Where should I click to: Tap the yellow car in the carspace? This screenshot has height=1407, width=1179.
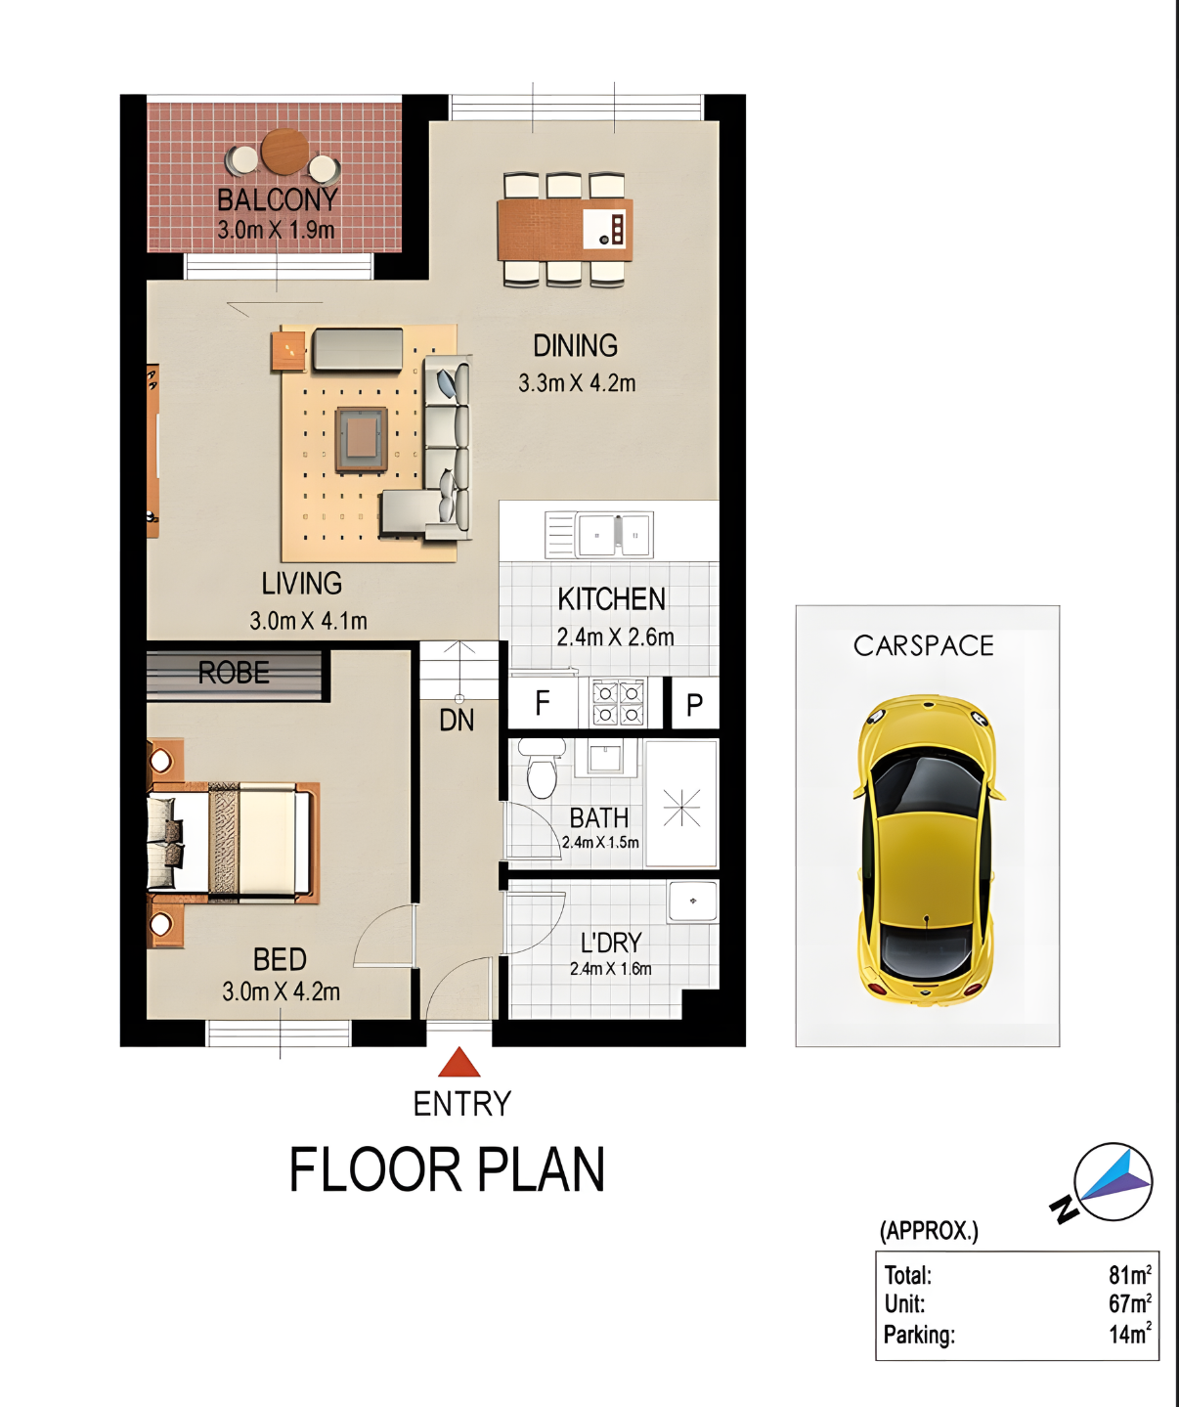tap(928, 851)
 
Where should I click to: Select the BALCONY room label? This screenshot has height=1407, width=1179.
tap(277, 200)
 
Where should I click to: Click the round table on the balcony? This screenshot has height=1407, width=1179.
tap(285, 152)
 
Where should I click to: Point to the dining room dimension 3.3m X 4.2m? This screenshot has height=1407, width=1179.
tap(577, 383)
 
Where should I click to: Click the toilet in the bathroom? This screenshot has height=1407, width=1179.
tap(543, 769)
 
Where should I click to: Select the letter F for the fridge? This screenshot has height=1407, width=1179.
tap(543, 703)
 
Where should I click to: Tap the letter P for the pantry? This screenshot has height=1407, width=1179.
tap(695, 705)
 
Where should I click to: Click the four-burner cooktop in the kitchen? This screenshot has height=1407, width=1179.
tap(618, 703)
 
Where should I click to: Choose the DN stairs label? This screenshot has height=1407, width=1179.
tap(457, 721)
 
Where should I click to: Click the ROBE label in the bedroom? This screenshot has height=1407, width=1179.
tap(234, 673)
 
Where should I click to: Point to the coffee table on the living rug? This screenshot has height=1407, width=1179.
tap(362, 439)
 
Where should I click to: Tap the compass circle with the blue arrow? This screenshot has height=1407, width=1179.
tap(1113, 1181)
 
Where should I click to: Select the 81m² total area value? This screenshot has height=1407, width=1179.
tap(1130, 1274)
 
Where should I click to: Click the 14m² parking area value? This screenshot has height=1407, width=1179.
tap(1130, 1334)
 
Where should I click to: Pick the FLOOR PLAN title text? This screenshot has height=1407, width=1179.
tap(447, 1169)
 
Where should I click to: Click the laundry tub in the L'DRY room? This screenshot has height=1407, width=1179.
tap(693, 901)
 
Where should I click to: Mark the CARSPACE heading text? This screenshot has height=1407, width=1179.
tap(924, 645)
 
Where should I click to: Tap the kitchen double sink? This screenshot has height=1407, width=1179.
tap(614, 535)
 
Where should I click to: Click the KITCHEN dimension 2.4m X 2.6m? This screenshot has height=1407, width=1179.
tap(615, 637)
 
